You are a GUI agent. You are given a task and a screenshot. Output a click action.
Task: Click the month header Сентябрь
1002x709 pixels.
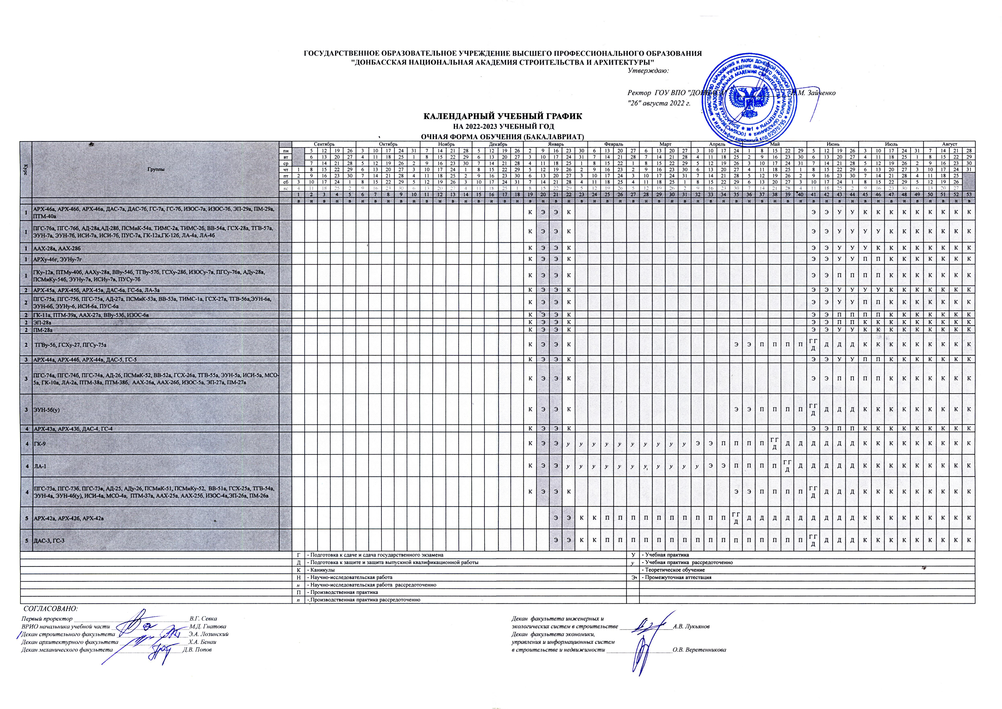[x=324, y=144]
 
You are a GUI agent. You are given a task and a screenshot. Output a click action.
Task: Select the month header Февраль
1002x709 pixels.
[x=614, y=144]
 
